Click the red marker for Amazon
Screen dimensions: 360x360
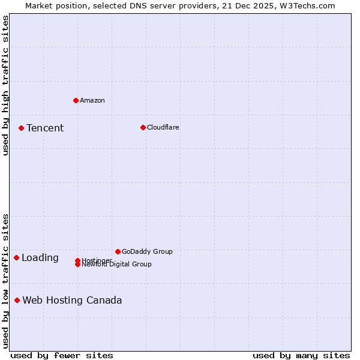pyautogui.click(x=76, y=100)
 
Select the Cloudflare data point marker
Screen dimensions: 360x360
pyautogui.click(x=143, y=127)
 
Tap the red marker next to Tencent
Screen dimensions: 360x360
pyautogui.click(x=21, y=128)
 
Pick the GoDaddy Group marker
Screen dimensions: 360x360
pyautogui.click(x=118, y=251)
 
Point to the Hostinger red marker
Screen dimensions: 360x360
pyautogui.click(x=77, y=260)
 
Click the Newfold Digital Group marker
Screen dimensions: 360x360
pyautogui.click(x=77, y=265)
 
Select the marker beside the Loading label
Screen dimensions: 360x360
pyautogui.click(x=16, y=257)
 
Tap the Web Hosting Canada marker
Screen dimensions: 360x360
pyautogui.click(x=17, y=300)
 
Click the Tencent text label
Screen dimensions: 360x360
pyautogui.click(x=45, y=128)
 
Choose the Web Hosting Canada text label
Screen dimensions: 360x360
pyautogui.click(x=72, y=300)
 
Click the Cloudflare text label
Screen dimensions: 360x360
pyautogui.click(x=163, y=127)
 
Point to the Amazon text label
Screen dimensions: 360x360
pyautogui.click(x=92, y=100)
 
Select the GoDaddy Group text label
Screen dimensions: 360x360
pyautogui.click(x=147, y=251)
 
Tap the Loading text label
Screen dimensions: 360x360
pyautogui.click(x=40, y=257)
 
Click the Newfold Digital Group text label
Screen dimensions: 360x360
pyautogui.click(x=116, y=265)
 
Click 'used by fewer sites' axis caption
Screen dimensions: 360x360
pyautogui.click(x=62, y=355)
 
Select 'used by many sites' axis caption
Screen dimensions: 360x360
pyautogui.click(x=301, y=355)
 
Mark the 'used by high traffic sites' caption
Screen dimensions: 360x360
pyautogui.click(x=5, y=85)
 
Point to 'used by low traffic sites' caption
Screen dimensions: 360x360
pyautogui.click(x=5, y=280)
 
